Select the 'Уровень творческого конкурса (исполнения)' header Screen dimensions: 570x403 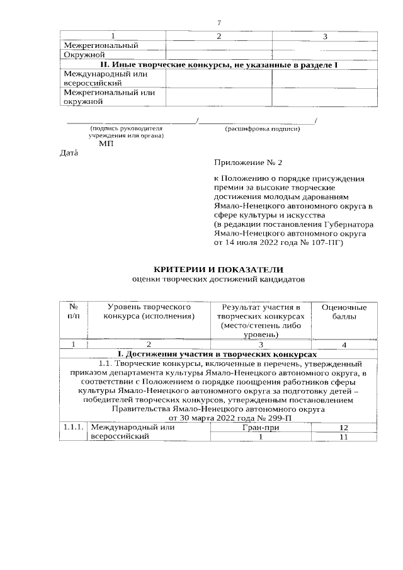[149, 311]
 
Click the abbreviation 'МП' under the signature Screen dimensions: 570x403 [106, 144]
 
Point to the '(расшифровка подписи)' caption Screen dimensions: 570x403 [262, 129]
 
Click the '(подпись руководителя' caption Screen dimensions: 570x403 [126, 129]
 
